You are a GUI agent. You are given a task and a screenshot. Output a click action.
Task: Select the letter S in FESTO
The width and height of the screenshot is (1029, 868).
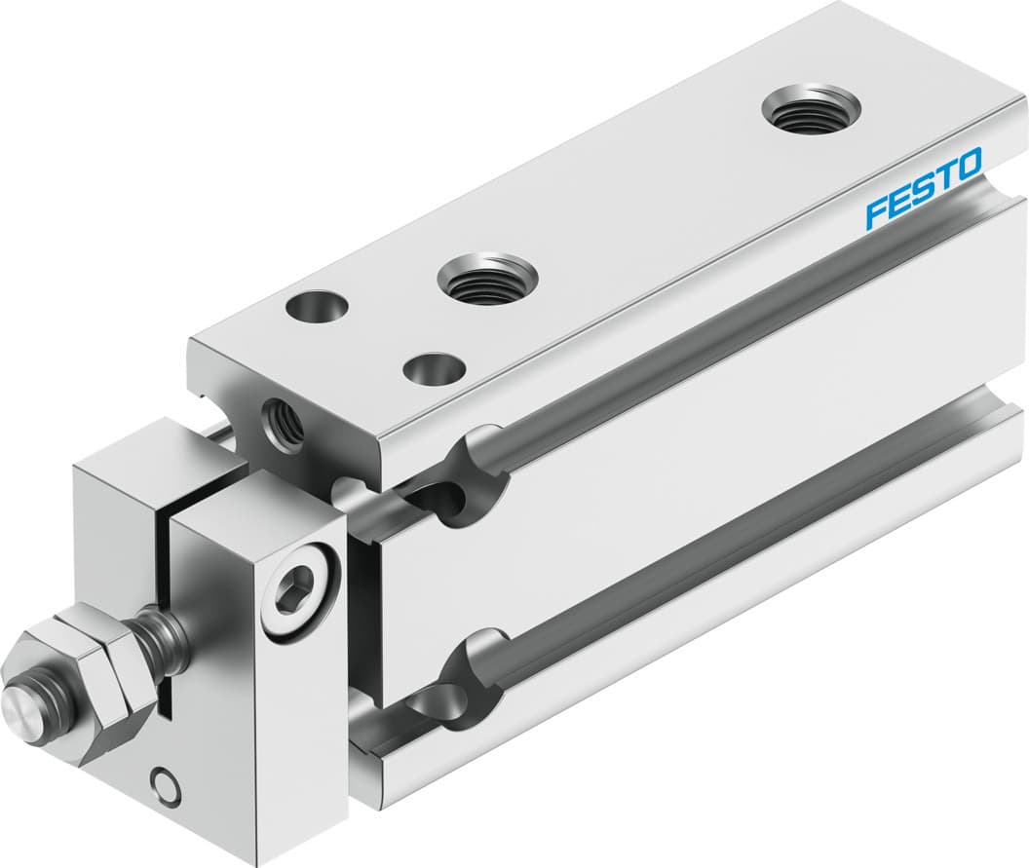[x=922, y=188]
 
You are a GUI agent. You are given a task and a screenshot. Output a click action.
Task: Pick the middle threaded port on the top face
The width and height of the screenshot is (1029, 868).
[x=486, y=281]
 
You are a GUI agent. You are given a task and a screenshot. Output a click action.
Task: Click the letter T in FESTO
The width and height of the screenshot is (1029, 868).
[x=943, y=176]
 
